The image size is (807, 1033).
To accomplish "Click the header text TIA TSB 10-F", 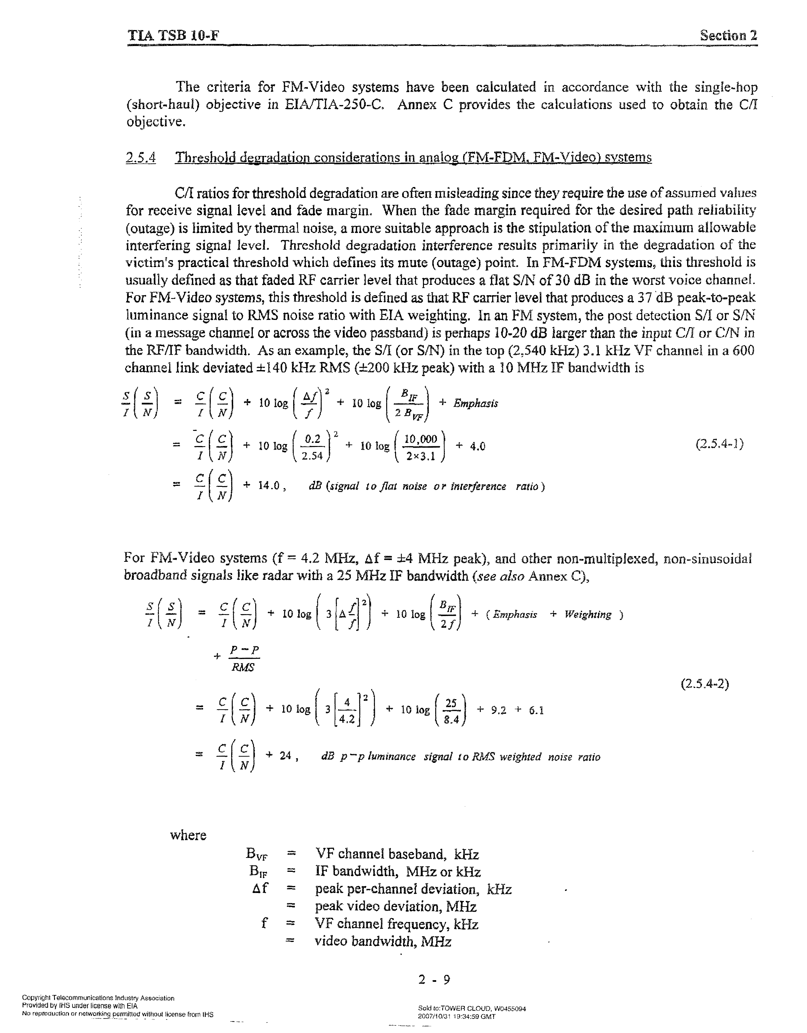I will click(173, 36).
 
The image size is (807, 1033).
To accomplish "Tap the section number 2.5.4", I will click(141, 158).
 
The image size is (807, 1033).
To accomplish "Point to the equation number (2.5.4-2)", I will click(705, 684).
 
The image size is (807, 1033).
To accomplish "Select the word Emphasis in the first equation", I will click(475, 403).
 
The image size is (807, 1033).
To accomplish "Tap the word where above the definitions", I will click(188, 835).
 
